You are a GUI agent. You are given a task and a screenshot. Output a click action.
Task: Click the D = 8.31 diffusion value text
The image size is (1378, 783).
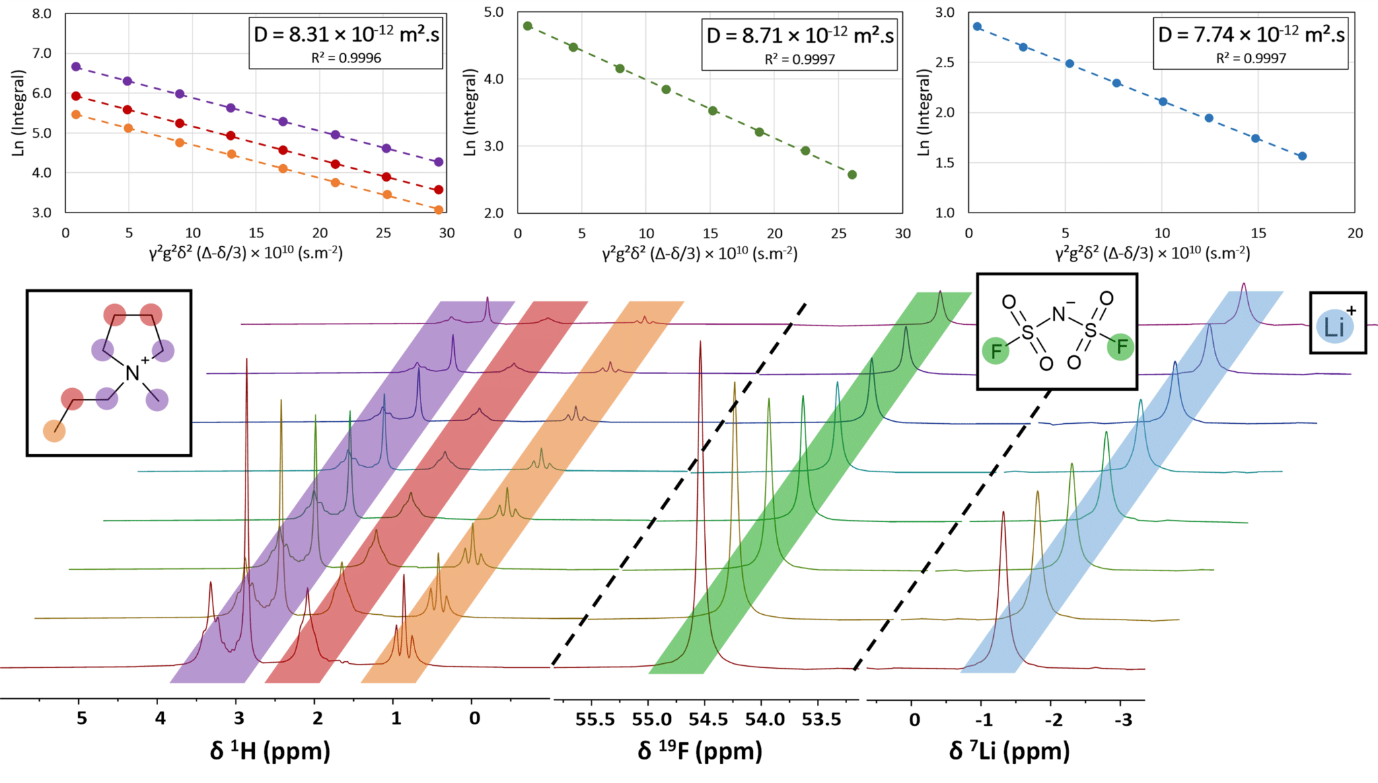346,34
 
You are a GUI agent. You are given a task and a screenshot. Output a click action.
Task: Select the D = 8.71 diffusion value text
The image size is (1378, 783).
799,35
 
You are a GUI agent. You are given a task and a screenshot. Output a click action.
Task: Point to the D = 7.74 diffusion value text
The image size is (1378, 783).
1251,34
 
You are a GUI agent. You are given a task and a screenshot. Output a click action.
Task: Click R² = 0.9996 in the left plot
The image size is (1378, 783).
346,59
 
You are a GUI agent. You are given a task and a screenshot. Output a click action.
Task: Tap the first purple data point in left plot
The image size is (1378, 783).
76,67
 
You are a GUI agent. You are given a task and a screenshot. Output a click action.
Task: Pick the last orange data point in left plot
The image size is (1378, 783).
439,210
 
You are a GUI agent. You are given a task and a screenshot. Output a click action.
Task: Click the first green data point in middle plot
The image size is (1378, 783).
528,26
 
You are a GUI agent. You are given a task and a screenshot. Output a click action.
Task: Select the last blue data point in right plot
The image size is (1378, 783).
1303,156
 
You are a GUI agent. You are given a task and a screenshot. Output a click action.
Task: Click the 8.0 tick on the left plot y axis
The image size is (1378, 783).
42,13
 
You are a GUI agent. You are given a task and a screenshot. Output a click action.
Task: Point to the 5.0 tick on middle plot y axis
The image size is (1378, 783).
494,12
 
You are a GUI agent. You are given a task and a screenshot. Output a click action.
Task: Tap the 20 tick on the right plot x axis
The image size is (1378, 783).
1355,233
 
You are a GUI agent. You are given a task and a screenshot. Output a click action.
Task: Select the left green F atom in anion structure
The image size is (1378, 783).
996,350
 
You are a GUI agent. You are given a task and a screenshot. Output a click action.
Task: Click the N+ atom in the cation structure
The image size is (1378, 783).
133,372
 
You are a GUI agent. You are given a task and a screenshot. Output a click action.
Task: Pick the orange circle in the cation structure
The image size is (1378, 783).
55,431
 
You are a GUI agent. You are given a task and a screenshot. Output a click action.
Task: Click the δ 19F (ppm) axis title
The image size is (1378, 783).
700,751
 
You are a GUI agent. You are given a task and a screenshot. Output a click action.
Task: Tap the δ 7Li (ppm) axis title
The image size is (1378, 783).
1009,751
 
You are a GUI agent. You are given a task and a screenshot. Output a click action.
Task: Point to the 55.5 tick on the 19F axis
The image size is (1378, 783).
595,720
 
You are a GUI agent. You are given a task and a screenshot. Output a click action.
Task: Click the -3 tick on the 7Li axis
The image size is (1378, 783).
1123,720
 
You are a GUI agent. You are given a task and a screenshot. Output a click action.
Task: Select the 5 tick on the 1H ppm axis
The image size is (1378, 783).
81,718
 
